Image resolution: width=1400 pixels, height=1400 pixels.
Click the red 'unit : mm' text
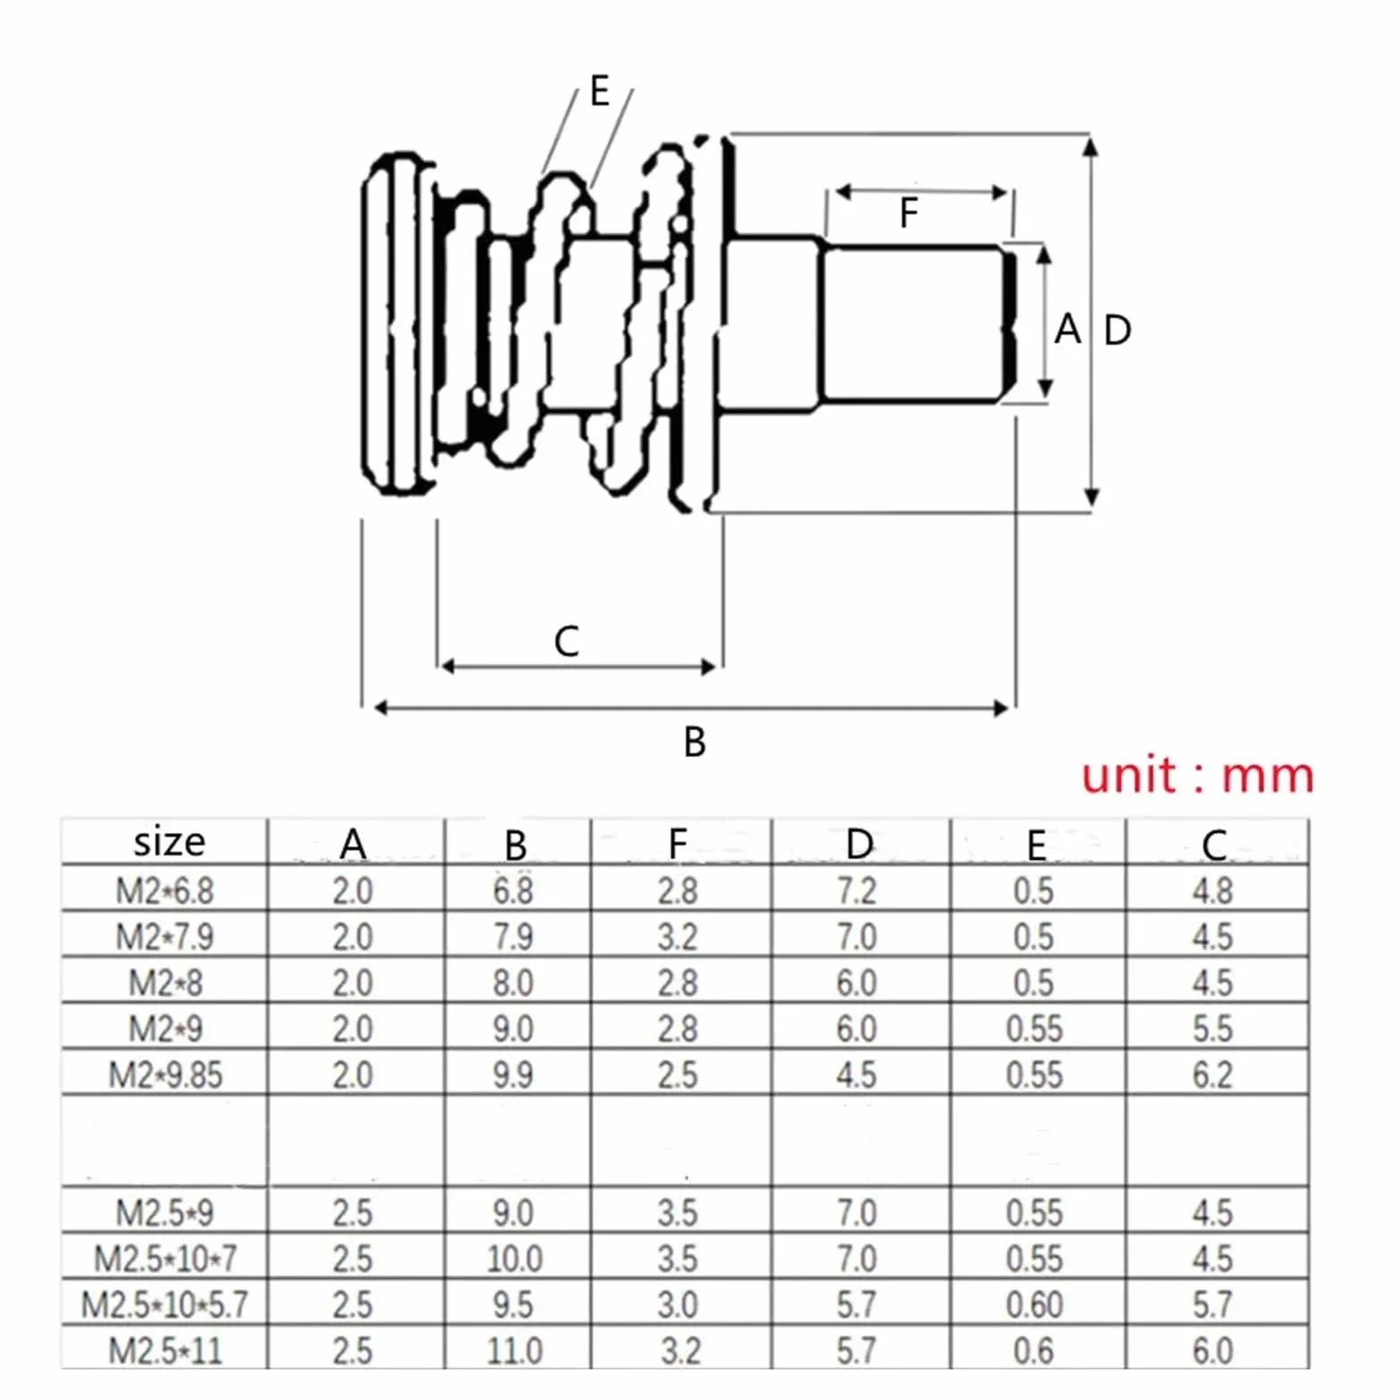pyautogui.click(x=1197, y=775)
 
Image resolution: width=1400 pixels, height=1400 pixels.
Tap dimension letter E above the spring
pyautogui.click(x=600, y=91)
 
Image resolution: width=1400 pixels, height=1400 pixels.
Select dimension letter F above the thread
pyautogui.click(x=908, y=212)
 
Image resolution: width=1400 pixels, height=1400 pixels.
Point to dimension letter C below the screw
pyautogui.click(x=566, y=641)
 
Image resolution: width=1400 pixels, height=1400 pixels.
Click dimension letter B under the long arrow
pyautogui.click(x=695, y=742)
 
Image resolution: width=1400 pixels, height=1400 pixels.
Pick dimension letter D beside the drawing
pyautogui.click(x=1118, y=330)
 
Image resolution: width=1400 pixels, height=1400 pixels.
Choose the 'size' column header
pyautogui.click(x=169, y=842)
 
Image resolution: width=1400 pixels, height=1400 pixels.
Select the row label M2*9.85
pyautogui.click(x=165, y=1074)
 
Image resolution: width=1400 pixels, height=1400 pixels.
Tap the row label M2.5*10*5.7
pyautogui.click(x=164, y=1304)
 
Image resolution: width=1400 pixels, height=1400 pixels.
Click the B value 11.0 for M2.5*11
pyautogui.click(x=514, y=1350)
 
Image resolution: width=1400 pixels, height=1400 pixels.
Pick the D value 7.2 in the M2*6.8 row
pyautogui.click(x=856, y=890)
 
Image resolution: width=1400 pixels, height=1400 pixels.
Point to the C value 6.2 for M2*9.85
pyautogui.click(x=1212, y=1074)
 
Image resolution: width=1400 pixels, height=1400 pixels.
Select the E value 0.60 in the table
pyautogui.click(x=1034, y=1304)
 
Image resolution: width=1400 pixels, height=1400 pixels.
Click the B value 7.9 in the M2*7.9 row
pyautogui.click(x=513, y=937)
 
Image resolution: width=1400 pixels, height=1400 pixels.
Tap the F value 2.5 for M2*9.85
pyautogui.click(x=678, y=1074)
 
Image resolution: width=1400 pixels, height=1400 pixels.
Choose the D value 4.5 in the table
pyautogui.click(x=856, y=1074)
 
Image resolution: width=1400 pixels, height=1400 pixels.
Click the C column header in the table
pyautogui.click(x=1214, y=845)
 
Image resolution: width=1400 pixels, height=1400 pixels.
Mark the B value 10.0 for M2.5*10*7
pyautogui.click(x=514, y=1258)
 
